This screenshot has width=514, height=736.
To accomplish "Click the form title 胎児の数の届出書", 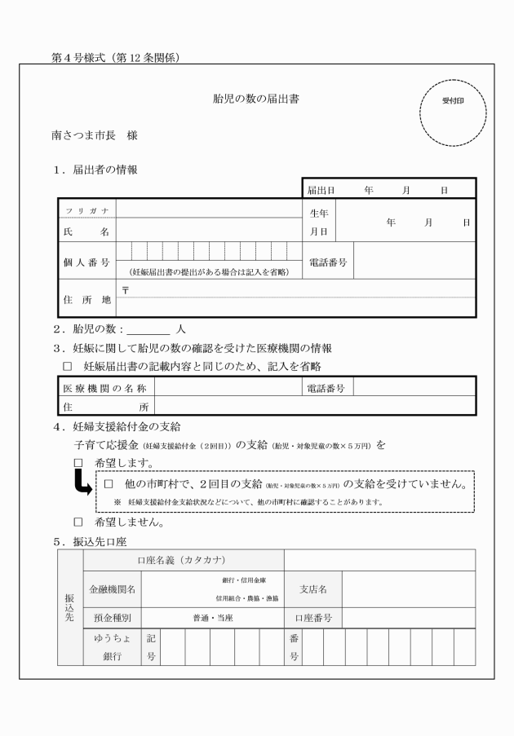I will point(255,99).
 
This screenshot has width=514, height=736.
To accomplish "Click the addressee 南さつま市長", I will point(82,134).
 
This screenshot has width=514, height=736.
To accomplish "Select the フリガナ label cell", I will point(87,210).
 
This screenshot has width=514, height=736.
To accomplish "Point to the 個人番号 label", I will point(87,262).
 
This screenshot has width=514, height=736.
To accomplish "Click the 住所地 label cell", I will point(87,298).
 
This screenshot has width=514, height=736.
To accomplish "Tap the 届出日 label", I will point(321,190).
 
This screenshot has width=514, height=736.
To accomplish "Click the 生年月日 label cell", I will point(318,222).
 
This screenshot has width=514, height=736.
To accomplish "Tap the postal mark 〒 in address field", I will point(125,289).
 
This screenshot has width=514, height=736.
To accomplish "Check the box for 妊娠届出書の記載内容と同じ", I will point(68,366).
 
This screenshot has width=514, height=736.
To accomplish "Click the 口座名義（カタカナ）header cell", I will point(184,560).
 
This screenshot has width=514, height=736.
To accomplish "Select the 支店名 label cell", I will point(313,589).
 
